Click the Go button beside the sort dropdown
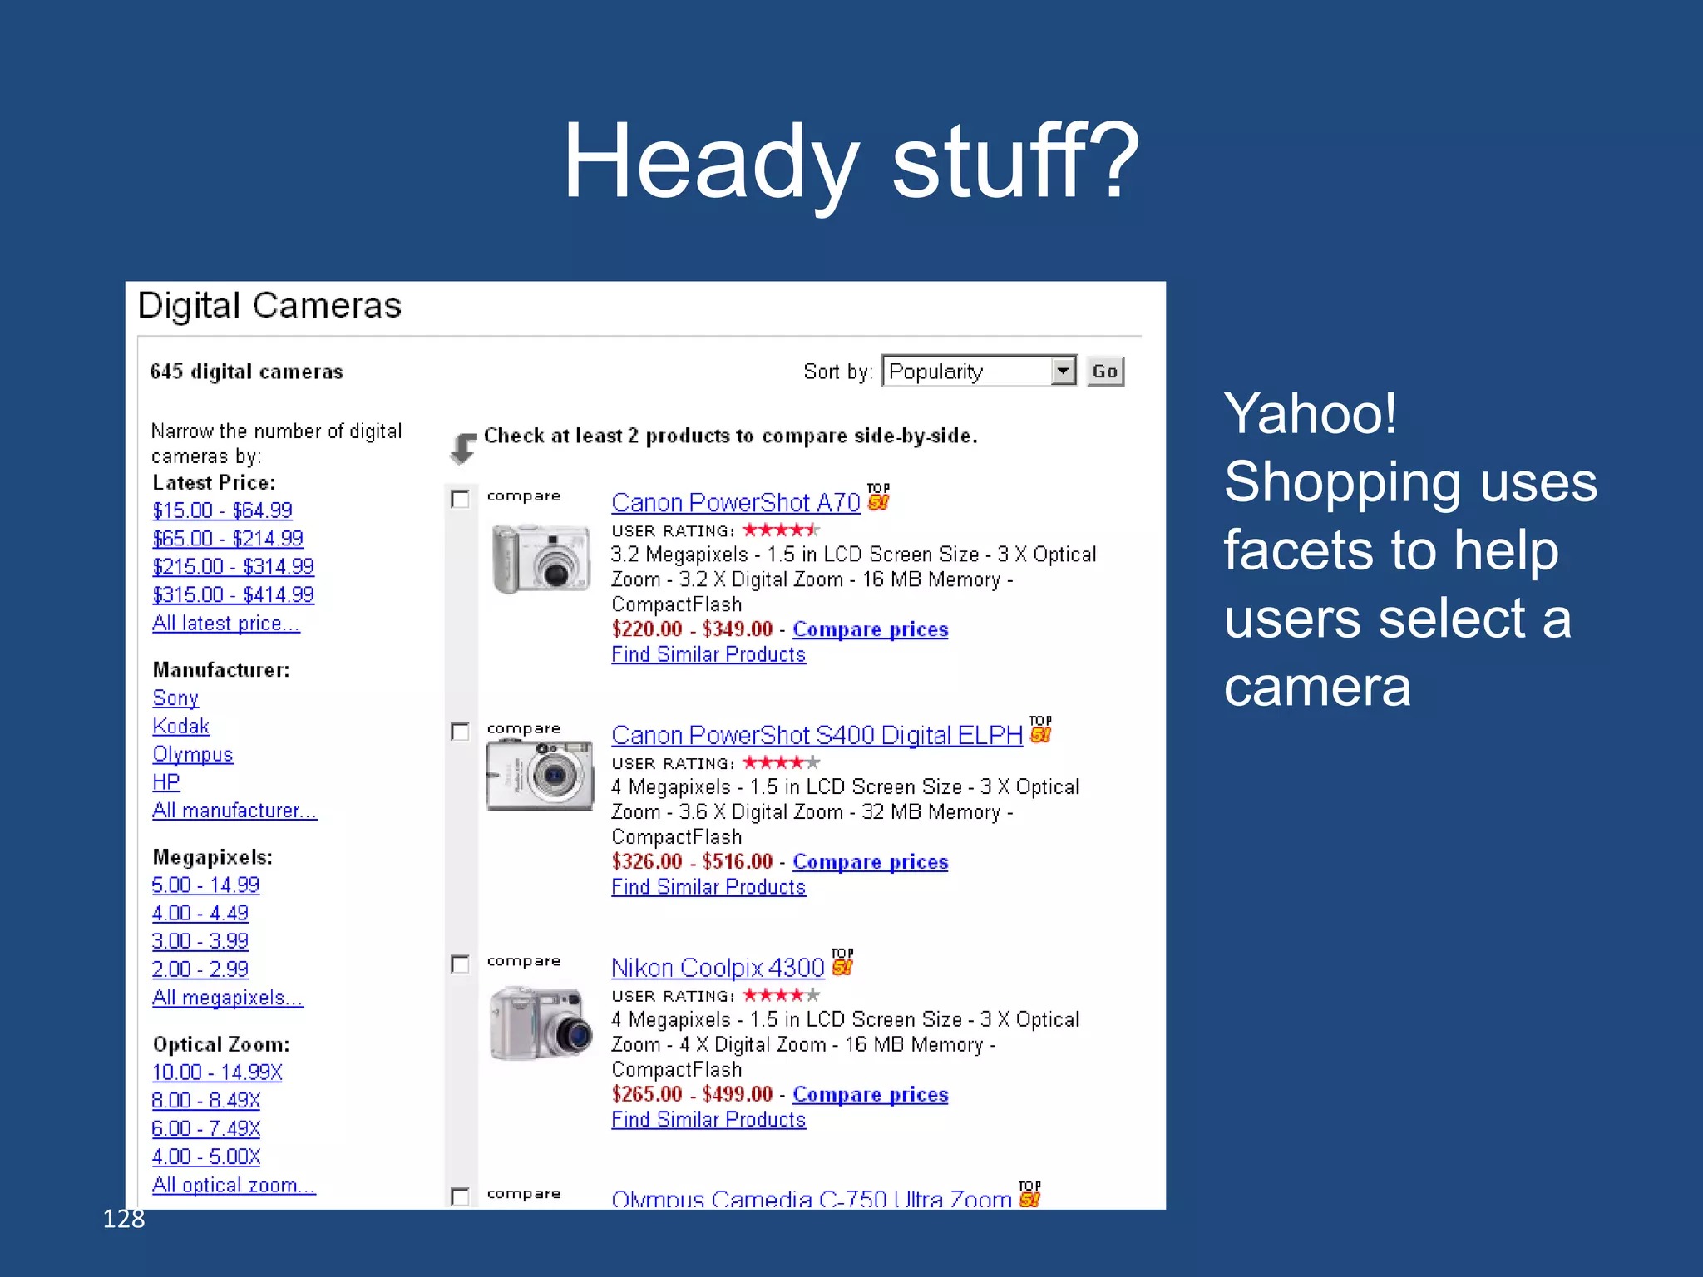pyautogui.click(x=1104, y=372)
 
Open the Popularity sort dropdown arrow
pyautogui.click(x=1063, y=372)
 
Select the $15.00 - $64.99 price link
pyautogui.click(x=222, y=510)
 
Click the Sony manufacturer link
pyautogui.click(x=175, y=698)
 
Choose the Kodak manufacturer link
pyautogui.click(x=180, y=727)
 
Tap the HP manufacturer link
pyautogui.click(x=165, y=782)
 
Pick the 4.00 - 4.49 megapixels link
pyautogui.click(x=200, y=914)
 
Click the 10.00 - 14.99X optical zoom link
pyautogui.click(x=217, y=1073)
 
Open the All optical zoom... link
pyautogui.click(x=234, y=1186)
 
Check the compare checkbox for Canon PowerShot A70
pyautogui.click(x=460, y=499)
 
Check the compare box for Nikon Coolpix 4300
pyautogui.click(x=460, y=964)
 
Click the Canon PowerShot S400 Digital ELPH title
pyautogui.click(x=817, y=736)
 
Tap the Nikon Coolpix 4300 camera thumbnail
pyautogui.click(x=540, y=1023)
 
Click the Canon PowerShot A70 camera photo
pyautogui.click(x=540, y=558)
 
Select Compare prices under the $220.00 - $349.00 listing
pyautogui.click(x=870, y=630)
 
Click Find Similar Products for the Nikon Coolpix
pyautogui.click(x=708, y=1121)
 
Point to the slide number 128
pyautogui.click(x=124, y=1219)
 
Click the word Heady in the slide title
pyautogui.click(x=711, y=162)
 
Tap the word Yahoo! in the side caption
pyautogui.click(x=1310, y=413)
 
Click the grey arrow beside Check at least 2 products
pyautogui.click(x=462, y=447)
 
